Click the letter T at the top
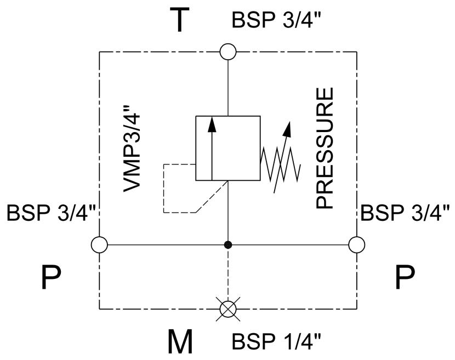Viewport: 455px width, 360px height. (180, 20)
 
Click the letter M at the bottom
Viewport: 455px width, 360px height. (180, 341)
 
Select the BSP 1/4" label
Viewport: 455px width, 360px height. (276, 341)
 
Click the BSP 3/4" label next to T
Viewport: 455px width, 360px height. (276, 20)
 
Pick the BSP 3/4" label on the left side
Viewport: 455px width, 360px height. (51, 213)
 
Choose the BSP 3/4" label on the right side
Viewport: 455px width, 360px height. (405, 213)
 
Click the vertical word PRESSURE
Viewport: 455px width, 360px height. (325, 148)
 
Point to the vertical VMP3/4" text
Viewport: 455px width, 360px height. (132, 149)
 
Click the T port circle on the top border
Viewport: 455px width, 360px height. (228, 52)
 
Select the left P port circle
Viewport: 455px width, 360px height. (99, 245)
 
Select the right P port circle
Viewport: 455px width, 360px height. (357, 245)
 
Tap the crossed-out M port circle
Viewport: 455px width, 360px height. (228, 309)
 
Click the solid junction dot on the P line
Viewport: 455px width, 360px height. (228, 245)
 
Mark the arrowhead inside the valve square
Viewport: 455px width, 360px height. (212, 125)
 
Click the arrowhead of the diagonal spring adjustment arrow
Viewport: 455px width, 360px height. (288, 129)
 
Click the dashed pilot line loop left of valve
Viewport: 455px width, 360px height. (164, 188)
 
